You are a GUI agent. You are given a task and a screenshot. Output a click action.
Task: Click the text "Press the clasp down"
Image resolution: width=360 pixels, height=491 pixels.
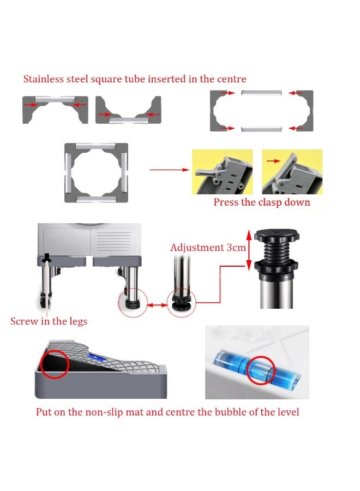(x=262, y=202)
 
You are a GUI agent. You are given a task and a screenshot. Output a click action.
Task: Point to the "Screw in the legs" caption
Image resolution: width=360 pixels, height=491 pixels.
(x=49, y=321)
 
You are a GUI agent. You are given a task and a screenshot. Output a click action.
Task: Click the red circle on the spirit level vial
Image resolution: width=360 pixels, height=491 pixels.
(x=260, y=370)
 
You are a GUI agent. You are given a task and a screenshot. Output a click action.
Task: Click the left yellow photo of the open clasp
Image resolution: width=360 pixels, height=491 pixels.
(x=223, y=172)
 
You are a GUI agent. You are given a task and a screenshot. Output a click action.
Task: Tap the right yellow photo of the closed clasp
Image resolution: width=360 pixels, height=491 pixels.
(x=292, y=172)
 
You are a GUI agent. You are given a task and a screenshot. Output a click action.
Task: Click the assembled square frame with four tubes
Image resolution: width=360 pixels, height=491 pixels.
(x=96, y=173)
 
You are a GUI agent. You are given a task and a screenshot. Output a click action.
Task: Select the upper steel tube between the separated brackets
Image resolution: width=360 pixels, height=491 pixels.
(x=262, y=94)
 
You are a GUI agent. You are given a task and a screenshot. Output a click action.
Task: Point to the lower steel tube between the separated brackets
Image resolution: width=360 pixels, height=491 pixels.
(x=262, y=129)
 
